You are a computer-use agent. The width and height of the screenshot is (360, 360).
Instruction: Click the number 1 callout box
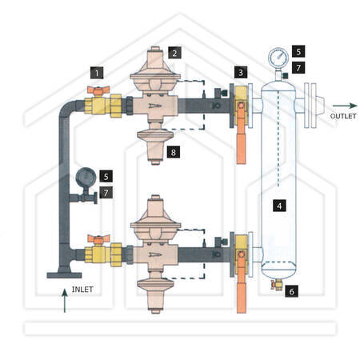point(97,73)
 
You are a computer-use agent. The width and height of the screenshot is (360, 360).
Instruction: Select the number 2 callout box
point(174,53)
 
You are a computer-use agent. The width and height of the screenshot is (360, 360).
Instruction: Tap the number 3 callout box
point(241,72)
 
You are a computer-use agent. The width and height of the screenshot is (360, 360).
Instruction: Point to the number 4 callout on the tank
point(279,206)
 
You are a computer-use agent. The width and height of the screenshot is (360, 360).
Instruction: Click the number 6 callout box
point(291,291)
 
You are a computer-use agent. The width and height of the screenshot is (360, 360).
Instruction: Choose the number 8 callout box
point(174,152)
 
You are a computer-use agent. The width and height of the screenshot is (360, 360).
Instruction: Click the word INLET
point(82,290)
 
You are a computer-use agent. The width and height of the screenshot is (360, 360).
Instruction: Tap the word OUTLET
point(343,116)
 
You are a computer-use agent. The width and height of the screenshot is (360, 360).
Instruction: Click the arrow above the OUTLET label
point(345,106)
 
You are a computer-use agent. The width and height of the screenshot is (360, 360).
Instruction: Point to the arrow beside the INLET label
point(64,301)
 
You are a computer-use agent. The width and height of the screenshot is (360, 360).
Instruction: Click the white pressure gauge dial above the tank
point(278,58)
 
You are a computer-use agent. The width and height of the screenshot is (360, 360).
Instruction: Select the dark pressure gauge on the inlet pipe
point(86,178)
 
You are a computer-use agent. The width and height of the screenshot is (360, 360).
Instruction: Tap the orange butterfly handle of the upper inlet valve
point(98,90)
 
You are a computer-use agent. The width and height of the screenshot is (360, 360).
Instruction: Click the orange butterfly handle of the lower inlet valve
point(98,240)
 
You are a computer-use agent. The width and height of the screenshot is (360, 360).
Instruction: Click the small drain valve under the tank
point(277,285)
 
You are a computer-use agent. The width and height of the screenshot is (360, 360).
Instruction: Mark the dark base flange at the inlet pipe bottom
point(64,275)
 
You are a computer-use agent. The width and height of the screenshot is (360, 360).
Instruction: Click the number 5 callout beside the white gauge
point(298,51)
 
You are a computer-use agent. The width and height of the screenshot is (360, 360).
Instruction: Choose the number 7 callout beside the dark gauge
point(106,192)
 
